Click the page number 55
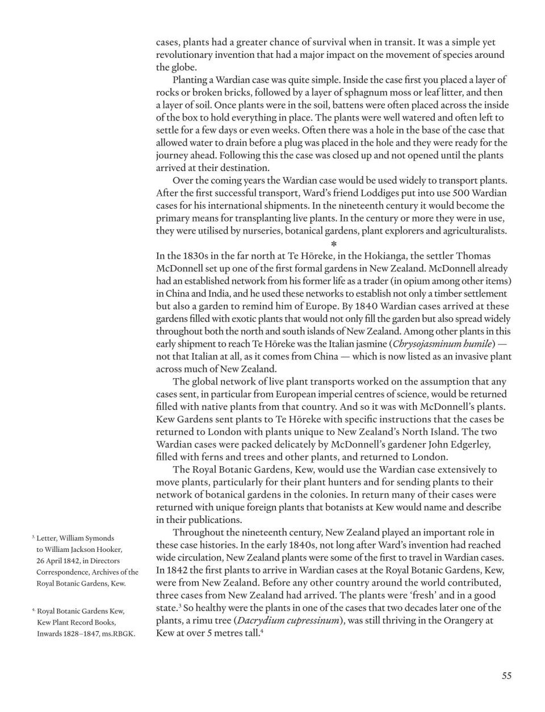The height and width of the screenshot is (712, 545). [x=506, y=675]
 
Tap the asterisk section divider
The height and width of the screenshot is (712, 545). [x=334, y=244]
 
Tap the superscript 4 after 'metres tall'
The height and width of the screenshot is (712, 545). [x=261, y=630]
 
